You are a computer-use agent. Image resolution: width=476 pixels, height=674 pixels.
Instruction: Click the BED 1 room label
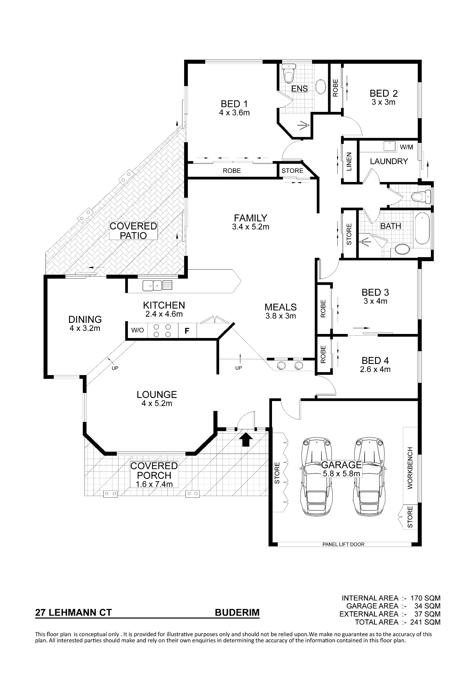234,104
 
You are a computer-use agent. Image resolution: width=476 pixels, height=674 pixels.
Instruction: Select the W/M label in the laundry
406,147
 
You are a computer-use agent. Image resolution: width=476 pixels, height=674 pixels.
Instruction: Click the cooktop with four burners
162,330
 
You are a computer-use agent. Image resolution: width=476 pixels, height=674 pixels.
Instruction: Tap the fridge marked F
187,331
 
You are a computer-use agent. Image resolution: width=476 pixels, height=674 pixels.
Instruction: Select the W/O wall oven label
137,330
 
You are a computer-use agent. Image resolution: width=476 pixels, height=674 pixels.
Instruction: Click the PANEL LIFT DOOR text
343,544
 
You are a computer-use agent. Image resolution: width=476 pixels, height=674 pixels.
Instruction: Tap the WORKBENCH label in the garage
410,468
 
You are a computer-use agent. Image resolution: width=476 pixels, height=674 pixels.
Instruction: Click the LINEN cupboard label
349,161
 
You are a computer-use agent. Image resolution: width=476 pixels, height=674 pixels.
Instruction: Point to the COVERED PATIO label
134,231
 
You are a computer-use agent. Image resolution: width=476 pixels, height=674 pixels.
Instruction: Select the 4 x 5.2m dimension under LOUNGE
157,403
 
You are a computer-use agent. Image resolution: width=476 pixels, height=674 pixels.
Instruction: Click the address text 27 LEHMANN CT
73,612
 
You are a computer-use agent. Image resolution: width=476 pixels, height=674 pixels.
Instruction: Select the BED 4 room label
375,361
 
